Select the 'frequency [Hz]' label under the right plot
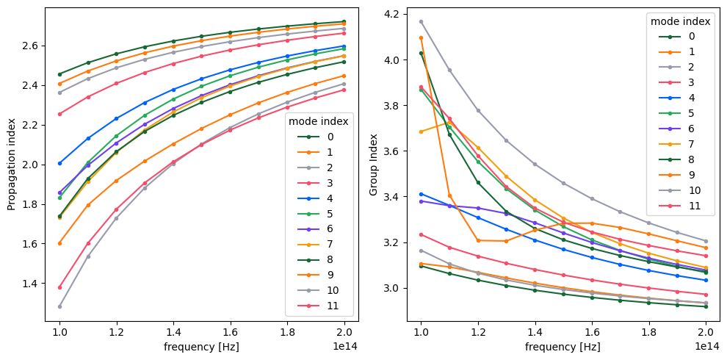pyautogui.click(x=563, y=346)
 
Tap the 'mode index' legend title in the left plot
pyautogui.click(x=318, y=120)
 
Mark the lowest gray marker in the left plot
pyautogui.click(x=60, y=306)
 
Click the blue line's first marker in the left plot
pyautogui.click(x=60, y=163)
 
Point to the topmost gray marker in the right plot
pyautogui.click(x=421, y=21)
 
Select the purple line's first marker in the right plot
pyautogui.click(x=421, y=201)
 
